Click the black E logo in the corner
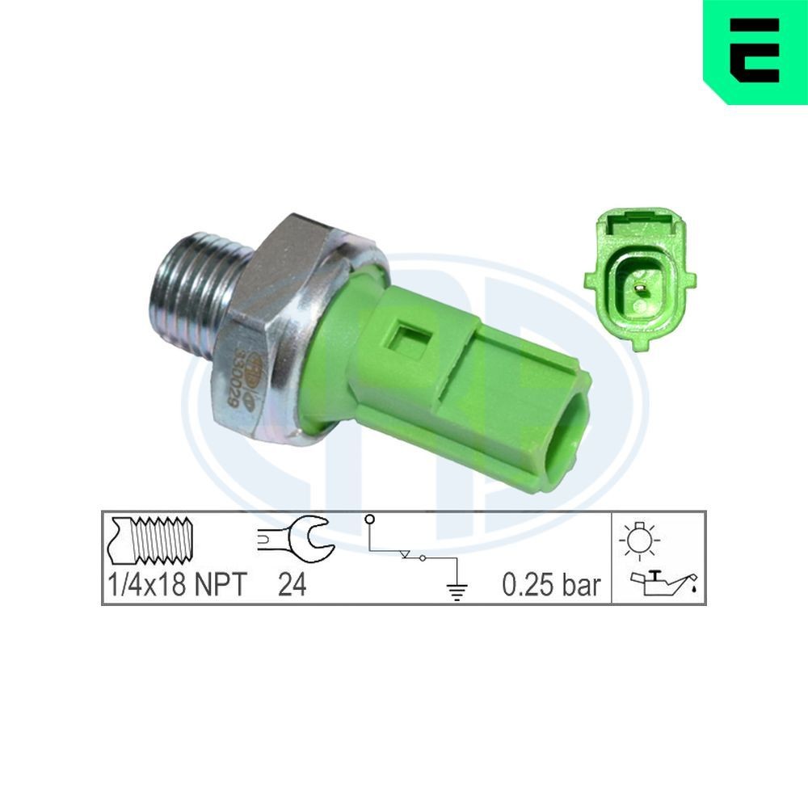pyautogui.click(x=755, y=50)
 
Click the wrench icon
pyautogui.click(x=294, y=538)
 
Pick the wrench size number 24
pyautogui.click(x=292, y=584)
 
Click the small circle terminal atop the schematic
pyautogui.click(x=369, y=518)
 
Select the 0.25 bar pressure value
pyautogui.click(x=552, y=584)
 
